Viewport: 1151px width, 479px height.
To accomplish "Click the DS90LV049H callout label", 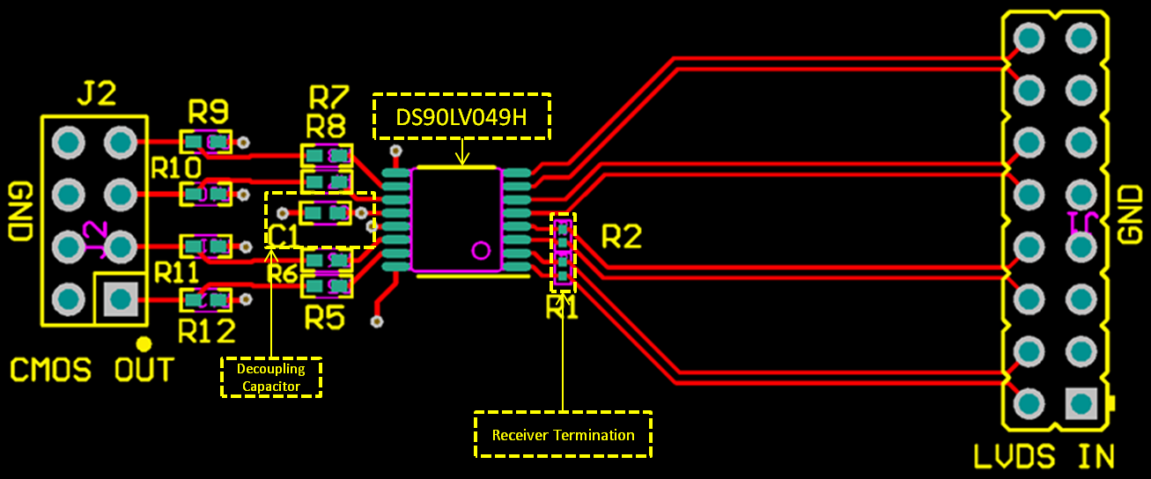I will pyautogui.click(x=461, y=117).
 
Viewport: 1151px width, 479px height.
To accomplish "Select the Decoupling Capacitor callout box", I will pyautogui.click(x=271, y=377).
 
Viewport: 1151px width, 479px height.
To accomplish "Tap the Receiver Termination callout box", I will pyautogui.click(x=563, y=434).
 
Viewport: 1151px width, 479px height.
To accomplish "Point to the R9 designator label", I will pyautogui.click(x=208, y=112).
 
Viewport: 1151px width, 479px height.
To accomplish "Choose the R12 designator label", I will pyautogui.click(x=207, y=331).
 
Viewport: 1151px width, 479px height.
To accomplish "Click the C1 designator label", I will pyautogui.click(x=284, y=235).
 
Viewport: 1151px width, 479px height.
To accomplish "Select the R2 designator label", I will pyautogui.click(x=622, y=236).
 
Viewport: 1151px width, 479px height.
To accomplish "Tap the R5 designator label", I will pyautogui.click(x=324, y=317).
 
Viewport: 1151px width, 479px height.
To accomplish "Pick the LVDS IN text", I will pyautogui.click(x=1044, y=457).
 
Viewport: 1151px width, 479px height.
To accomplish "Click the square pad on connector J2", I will pyautogui.click(x=121, y=299).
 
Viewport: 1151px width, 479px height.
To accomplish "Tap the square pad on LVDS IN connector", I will pyautogui.click(x=1081, y=404).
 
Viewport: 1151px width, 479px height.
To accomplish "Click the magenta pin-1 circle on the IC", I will pyautogui.click(x=481, y=250).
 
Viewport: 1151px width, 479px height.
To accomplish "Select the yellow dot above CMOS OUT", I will pyautogui.click(x=144, y=343).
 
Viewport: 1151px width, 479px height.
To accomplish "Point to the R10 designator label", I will pyautogui.click(x=176, y=166).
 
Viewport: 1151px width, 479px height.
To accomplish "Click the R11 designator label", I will pyautogui.click(x=176, y=272).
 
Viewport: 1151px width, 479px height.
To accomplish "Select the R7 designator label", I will pyautogui.click(x=328, y=95).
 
